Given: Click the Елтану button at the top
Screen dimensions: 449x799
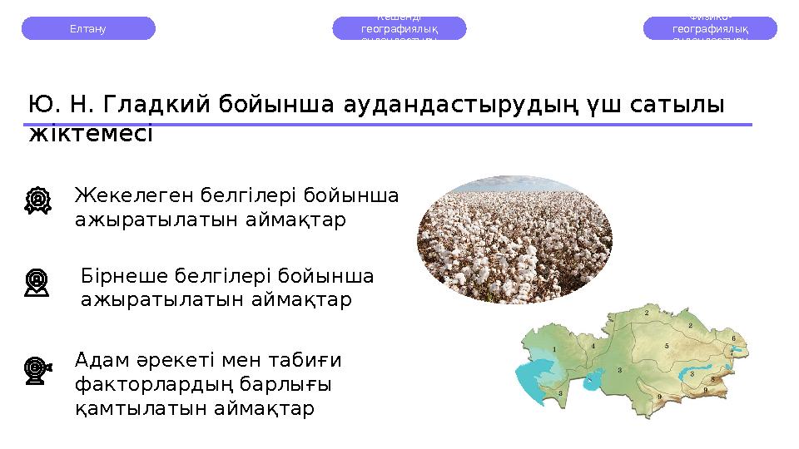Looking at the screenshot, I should coord(87,28).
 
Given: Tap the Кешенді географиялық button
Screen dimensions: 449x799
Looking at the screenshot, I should coord(399,28).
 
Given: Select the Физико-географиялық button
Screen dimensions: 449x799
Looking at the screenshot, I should coord(710,28).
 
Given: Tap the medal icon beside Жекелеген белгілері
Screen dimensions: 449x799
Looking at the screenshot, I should coord(37,200).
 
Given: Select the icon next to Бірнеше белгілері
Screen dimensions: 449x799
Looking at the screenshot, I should coord(37,282).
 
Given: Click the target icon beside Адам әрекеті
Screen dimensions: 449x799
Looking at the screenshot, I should coord(37,368).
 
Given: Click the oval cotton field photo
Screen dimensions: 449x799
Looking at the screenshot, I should coord(514,239).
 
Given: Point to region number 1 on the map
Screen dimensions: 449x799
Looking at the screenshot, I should coord(553,349).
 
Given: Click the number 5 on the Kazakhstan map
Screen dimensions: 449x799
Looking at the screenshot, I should coord(666,345).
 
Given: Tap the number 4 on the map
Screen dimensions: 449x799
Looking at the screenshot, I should coord(593,346).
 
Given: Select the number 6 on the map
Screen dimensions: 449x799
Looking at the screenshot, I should coord(732,338).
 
